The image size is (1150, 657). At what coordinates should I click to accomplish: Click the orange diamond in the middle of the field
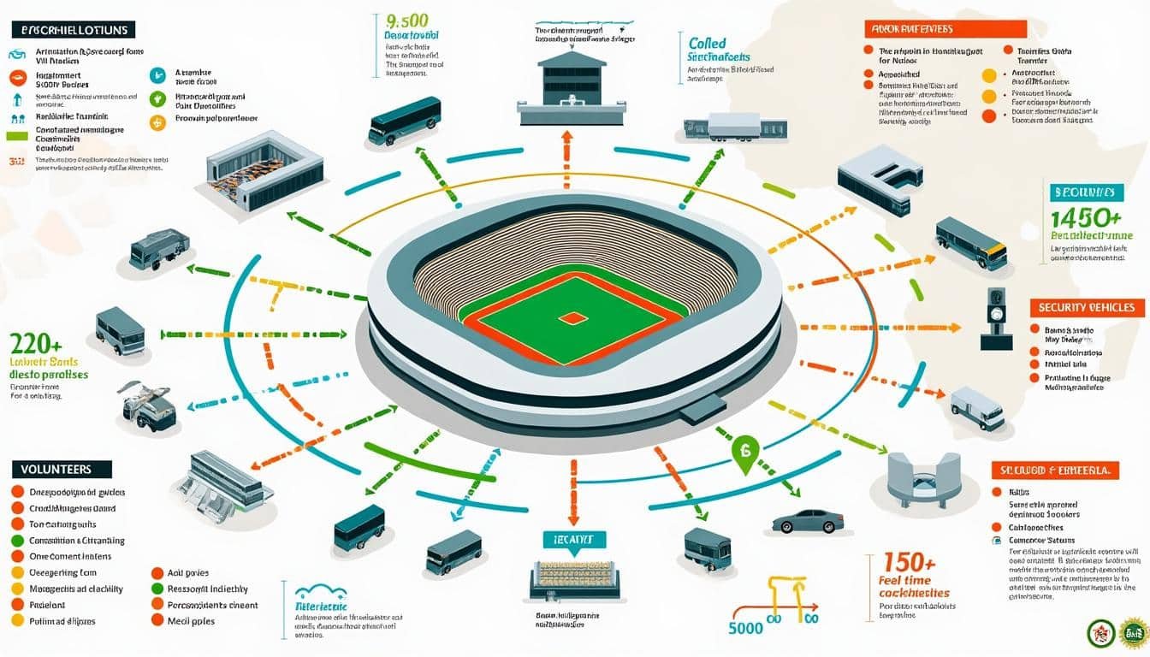[x=573, y=318]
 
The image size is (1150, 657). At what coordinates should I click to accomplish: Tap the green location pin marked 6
[x=744, y=452]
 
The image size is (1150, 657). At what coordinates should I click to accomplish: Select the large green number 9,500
[x=407, y=20]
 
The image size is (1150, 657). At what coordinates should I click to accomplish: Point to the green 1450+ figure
[x=1084, y=218]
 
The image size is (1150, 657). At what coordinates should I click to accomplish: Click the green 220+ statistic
[x=35, y=345]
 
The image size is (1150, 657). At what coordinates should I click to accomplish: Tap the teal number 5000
[x=746, y=626]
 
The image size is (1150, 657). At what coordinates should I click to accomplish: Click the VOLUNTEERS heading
[x=62, y=469]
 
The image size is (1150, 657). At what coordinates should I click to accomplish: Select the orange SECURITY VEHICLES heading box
[x=1087, y=307]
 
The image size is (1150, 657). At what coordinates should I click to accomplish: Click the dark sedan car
[x=807, y=520]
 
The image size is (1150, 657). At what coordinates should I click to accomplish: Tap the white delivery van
[x=977, y=408]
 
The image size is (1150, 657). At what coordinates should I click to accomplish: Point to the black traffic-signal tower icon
[x=995, y=317]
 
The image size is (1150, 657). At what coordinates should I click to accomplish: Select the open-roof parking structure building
[x=264, y=170]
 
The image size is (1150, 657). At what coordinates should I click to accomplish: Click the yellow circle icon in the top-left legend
[x=157, y=122]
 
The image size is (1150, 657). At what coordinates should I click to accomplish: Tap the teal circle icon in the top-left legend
[x=157, y=75]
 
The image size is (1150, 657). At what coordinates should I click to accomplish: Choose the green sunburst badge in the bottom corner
[x=1135, y=633]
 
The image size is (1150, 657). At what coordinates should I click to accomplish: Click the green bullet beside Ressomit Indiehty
[x=157, y=589]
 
